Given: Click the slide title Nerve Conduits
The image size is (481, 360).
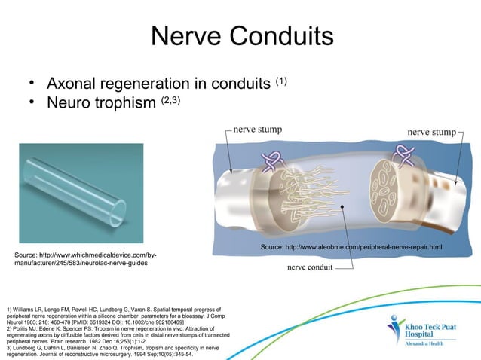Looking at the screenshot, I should tap(241, 36).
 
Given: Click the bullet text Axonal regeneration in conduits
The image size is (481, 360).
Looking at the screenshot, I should tap(158, 81).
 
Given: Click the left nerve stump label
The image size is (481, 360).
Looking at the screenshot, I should tap(258, 129).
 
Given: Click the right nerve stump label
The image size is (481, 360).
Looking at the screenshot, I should tap(431, 132).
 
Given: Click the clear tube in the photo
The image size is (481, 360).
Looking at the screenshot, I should tap(75, 189).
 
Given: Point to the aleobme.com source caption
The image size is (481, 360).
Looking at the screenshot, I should tap(351, 247).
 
